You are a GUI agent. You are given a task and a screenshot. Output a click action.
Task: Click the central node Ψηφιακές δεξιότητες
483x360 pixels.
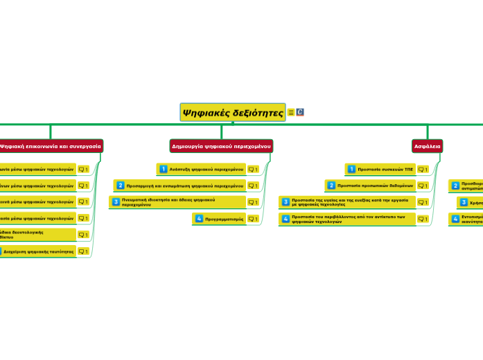pyautogui.click(x=233, y=112)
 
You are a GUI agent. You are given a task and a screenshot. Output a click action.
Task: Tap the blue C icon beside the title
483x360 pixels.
pyautogui.click(x=301, y=112)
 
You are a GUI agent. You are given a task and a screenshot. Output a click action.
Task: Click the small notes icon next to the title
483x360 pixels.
pyautogui.click(x=291, y=112)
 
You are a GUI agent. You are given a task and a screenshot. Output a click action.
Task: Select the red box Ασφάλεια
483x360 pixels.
pyautogui.click(x=427, y=146)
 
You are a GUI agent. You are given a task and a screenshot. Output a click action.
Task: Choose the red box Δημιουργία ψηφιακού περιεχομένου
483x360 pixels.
pyautogui.click(x=222, y=146)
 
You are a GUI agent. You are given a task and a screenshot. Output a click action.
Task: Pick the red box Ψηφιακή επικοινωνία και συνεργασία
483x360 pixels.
pyautogui.click(x=51, y=146)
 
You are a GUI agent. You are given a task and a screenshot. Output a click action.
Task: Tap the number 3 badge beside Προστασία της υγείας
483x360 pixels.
pyautogui.click(x=286, y=202)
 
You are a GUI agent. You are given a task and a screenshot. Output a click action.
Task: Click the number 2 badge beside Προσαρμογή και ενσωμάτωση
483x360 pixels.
pyautogui.click(x=121, y=186)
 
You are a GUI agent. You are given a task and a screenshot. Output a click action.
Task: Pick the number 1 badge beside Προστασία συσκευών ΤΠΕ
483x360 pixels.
pyautogui.click(x=351, y=169)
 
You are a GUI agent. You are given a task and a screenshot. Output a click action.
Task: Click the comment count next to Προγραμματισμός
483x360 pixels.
pyautogui.click(x=253, y=219)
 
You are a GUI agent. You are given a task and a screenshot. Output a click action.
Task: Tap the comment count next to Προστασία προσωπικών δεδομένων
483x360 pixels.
pyautogui.click(x=423, y=186)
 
